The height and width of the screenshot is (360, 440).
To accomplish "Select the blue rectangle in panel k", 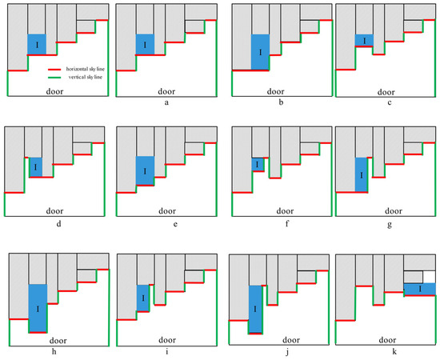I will (x=418, y=288).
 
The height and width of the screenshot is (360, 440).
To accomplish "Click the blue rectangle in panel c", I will (x=365, y=41).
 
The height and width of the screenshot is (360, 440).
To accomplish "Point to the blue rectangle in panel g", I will (x=362, y=174).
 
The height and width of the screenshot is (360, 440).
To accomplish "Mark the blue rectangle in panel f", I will (x=257, y=164).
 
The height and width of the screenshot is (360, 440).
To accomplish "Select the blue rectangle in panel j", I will (x=255, y=308).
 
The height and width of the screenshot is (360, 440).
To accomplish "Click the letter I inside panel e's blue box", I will (x=144, y=170).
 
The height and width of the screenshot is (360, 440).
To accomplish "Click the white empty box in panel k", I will (x=418, y=274).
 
